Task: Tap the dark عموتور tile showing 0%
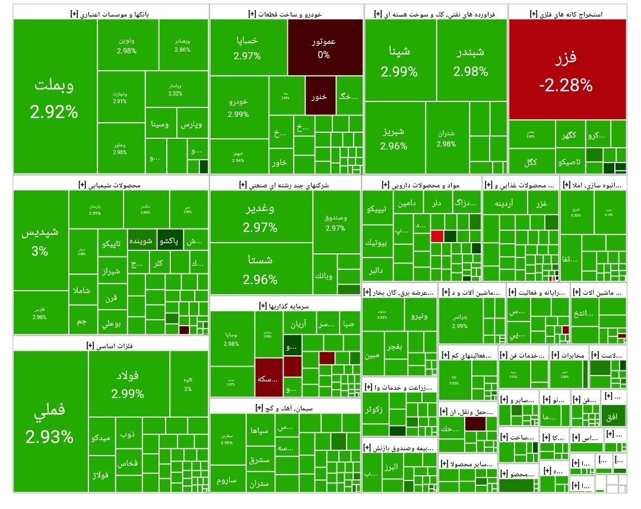pos(325,47)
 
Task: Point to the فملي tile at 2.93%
pos(50,422)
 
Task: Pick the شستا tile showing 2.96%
pos(260,270)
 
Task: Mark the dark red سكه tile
pos(268,378)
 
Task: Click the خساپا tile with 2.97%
pos(247,47)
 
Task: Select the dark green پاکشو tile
pos(170,241)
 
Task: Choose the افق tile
pos(613,418)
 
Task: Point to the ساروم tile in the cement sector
pos(227,480)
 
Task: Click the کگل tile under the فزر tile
pos(530,161)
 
